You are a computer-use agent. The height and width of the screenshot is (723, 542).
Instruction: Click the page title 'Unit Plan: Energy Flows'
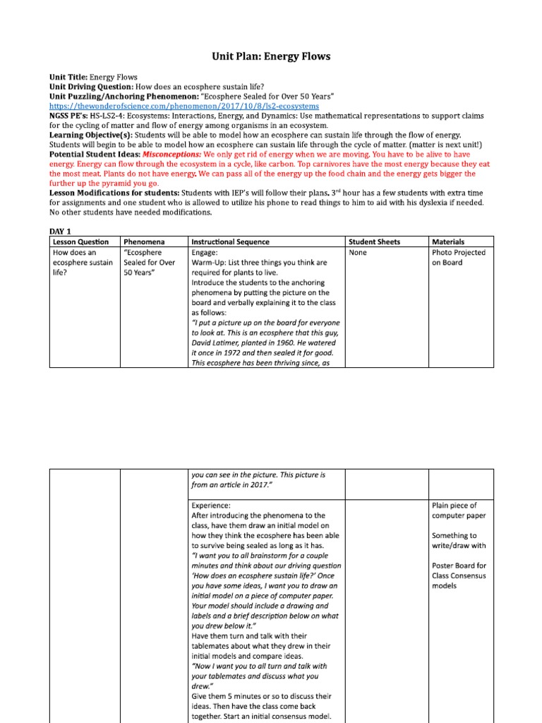[x=272, y=56]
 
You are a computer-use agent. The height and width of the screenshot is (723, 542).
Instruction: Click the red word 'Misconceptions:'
[x=171, y=154]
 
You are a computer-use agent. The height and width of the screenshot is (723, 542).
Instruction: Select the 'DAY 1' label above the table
[x=61, y=231]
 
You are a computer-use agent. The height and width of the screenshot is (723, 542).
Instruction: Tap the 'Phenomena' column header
[x=144, y=242]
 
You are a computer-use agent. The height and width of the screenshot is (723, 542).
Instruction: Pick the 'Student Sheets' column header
[x=375, y=242]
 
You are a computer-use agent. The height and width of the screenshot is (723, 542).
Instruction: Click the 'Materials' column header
[x=449, y=242]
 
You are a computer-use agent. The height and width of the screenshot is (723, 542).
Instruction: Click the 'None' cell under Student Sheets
[x=358, y=253]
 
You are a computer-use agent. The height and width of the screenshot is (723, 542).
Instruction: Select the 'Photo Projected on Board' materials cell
[x=458, y=258]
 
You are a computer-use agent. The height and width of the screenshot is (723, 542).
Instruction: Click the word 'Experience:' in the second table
[x=210, y=506]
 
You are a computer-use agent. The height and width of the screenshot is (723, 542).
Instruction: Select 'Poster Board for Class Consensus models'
[x=459, y=575]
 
